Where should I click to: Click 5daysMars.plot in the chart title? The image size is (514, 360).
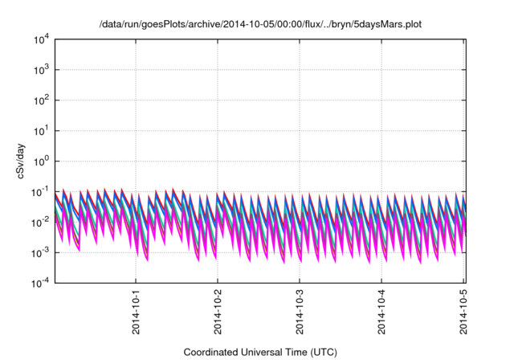coord(389,25)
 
